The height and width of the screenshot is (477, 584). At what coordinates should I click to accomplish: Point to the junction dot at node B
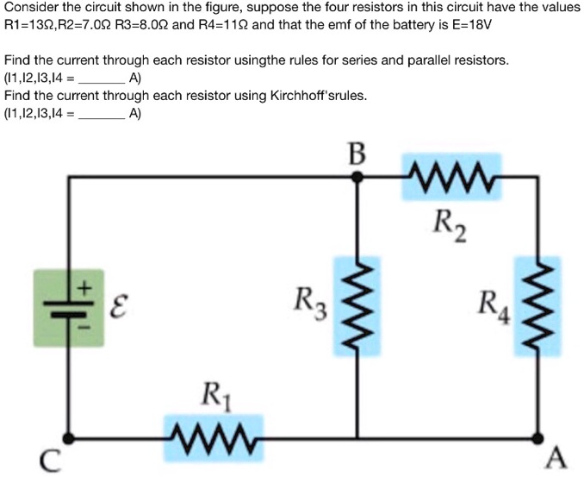coord(360,176)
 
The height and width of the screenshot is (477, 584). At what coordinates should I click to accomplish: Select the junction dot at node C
coord(70,436)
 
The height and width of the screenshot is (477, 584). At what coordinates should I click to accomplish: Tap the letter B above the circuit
coord(357,155)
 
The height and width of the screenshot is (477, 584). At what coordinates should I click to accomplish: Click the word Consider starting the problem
coord(31,6)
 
